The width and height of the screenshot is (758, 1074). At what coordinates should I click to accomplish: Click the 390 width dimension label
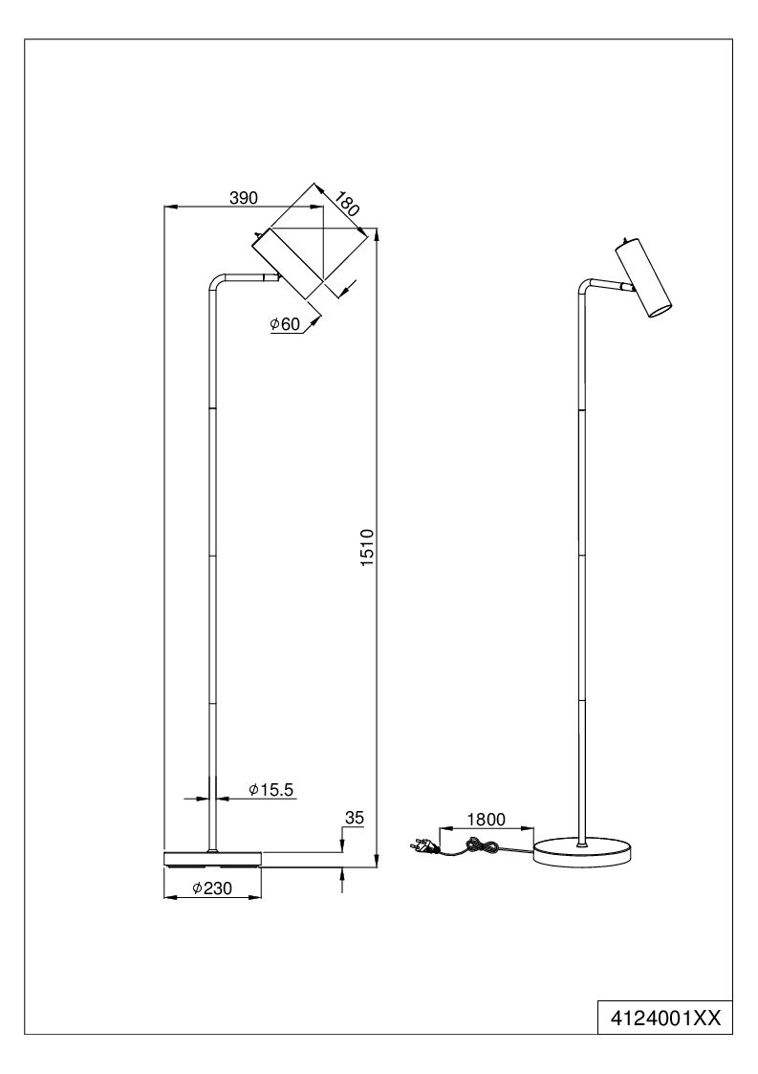click(243, 198)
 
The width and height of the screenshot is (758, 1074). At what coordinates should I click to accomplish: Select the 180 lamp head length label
click(347, 205)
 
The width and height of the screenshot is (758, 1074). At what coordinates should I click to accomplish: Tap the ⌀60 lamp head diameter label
click(285, 324)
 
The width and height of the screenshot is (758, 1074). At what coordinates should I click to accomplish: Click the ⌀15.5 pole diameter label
click(271, 790)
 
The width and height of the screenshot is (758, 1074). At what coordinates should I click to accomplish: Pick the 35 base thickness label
click(354, 818)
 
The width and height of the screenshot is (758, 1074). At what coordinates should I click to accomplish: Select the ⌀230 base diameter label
click(212, 888)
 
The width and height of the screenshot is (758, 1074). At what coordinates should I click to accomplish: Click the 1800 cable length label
click(486, 820)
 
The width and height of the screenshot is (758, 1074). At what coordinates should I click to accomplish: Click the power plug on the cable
click(423, 847)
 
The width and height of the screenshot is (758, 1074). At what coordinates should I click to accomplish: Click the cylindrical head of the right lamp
click(643, 278)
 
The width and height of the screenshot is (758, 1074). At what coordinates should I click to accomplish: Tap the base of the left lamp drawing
click(212, 859)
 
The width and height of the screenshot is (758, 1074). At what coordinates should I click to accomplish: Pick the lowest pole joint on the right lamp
click(582, 700)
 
